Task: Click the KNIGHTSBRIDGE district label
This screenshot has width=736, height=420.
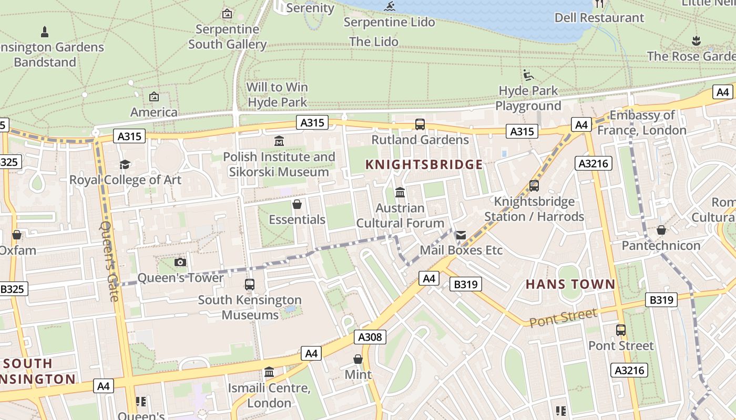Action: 424,165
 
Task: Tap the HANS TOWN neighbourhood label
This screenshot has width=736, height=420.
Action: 570,285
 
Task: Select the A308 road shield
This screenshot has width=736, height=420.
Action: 370,337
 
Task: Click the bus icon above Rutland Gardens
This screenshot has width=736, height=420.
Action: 420,124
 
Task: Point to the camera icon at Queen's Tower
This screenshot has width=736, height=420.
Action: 180,262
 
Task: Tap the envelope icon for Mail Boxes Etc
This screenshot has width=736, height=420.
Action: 461,235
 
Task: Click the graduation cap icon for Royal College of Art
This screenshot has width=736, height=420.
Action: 125,165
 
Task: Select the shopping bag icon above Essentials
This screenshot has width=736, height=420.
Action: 297,204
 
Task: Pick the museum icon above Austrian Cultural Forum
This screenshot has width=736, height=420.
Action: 400,193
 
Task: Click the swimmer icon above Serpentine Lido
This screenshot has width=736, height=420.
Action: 389,7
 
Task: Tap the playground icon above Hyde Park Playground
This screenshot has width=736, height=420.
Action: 528,75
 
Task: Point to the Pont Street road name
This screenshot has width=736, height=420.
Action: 563,317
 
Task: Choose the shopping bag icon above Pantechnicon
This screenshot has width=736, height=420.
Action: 661,230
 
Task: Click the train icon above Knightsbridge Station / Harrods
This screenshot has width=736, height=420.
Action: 534,186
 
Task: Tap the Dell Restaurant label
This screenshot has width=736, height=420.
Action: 599,17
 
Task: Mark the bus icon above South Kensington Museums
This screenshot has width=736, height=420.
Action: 250,285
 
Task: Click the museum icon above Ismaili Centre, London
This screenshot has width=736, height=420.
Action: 269,372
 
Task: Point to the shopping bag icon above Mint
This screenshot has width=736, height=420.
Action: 358,359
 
